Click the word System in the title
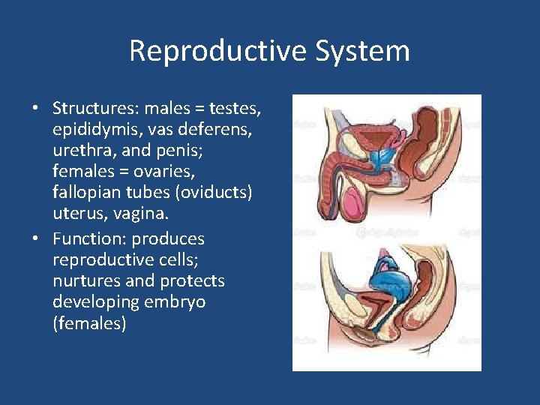tap(363, 51)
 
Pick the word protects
tap(192, 281)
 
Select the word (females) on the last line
tap(89, 323)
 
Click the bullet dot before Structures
tap(35, 109)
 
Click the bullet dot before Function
tap(35, 239)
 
